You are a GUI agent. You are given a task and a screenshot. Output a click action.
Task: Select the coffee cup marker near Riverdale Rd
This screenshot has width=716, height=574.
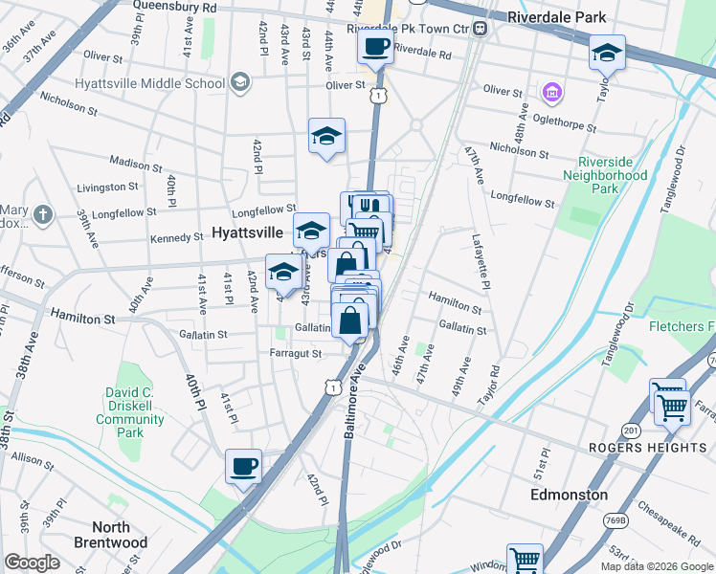pyautogui.click(x=375, y=47)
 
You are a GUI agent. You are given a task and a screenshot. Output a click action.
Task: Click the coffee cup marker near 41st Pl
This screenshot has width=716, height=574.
pyautogui.click(x=243, y=467)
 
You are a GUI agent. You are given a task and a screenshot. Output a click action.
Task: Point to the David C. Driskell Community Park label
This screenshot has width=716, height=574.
pyautogui.click(x=134, y=406)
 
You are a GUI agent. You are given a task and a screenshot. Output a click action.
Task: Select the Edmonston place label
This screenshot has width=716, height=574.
pyautogui.click(x=570, y=495)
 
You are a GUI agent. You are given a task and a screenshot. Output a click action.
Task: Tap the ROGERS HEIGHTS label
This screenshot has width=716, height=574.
pyautogui.click(x=634, y=447)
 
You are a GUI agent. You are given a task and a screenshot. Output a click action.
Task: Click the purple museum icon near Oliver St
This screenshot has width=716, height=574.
pyautogui.click(x=551, y=93)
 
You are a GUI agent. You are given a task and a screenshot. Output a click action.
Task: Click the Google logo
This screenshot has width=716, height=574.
pyautogui.click(x=32, y=562)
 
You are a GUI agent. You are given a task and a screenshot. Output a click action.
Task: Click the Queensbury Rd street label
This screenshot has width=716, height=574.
pyautogui.click(x=175, y=6)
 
